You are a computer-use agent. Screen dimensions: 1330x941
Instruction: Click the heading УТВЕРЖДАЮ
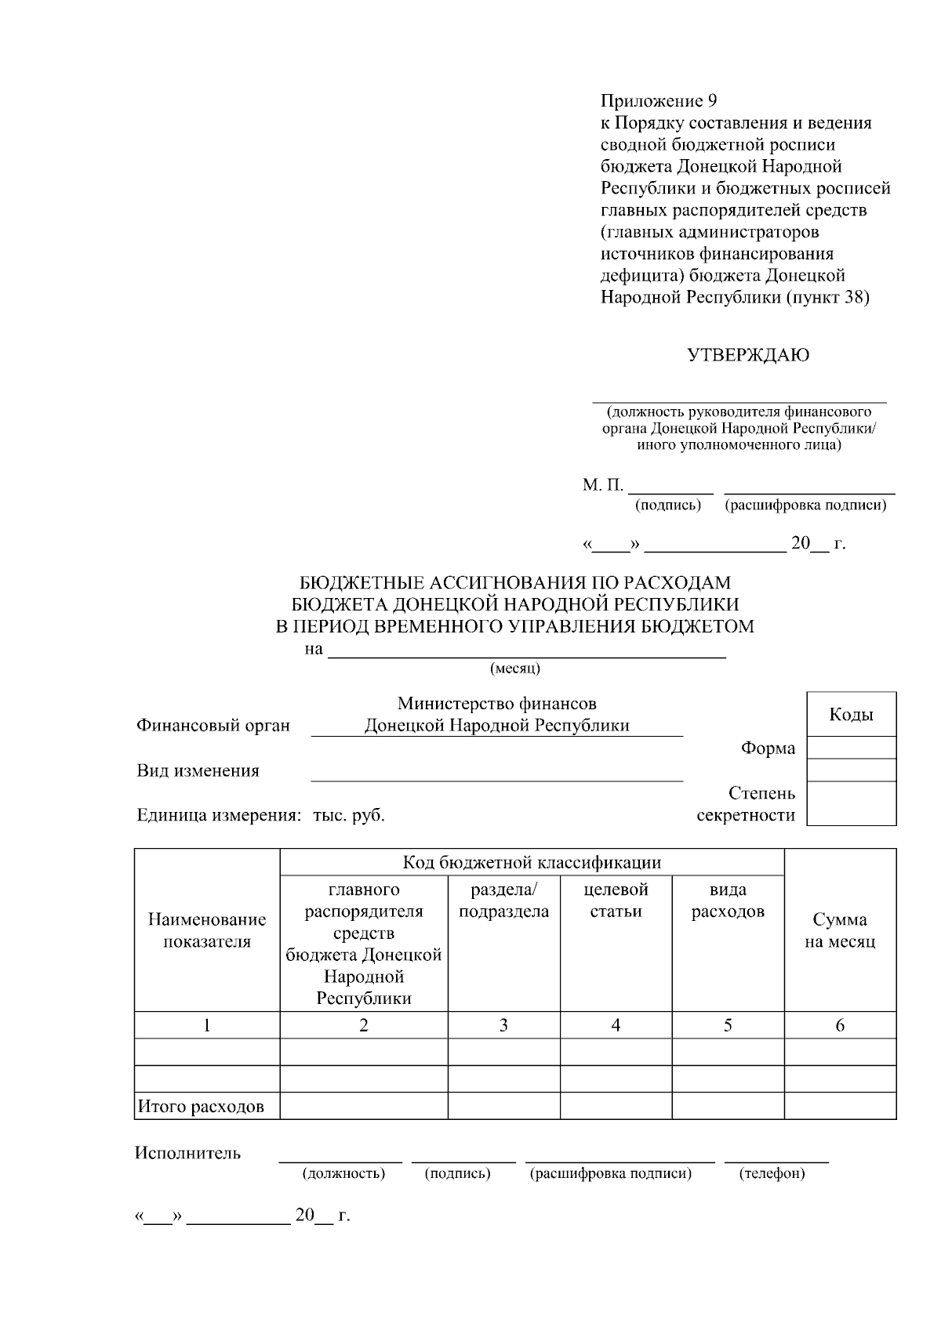click(748, 356)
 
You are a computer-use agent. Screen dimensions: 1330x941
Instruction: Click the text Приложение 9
click(659, 101)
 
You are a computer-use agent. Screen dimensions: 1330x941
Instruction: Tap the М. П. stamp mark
click(602, 486)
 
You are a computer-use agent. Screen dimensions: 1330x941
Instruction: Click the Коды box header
click(851, 715)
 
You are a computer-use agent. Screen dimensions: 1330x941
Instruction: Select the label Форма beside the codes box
click(768, 748)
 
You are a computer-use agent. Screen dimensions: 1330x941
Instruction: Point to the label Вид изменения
click(198, 770)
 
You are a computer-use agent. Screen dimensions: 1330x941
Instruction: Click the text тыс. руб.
click(349, 815)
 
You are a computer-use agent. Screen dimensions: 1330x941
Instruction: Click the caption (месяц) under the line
click(514, 669)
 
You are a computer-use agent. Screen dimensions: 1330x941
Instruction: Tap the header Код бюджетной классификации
click(532, 863)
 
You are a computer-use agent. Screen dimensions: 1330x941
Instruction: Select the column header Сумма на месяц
click(840, 930)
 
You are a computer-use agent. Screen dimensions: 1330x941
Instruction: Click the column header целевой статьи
click(616, 901)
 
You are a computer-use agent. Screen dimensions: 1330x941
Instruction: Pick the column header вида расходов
click(728, 901)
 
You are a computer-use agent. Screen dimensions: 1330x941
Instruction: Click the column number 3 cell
click(503, 1025)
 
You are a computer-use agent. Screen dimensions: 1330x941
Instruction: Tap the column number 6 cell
click(840, 1025)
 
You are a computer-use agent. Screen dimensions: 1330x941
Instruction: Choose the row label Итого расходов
click(201, 1107)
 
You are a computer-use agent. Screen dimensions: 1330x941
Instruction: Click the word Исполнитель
click(188, 1153)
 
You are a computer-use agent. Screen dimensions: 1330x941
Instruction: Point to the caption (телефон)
click(772, 1173)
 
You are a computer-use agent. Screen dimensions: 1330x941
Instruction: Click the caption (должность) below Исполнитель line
click(343, 1173)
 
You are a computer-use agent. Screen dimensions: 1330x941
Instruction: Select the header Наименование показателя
click(207, 930)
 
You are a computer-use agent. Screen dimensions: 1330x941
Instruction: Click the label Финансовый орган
click(213, 726)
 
